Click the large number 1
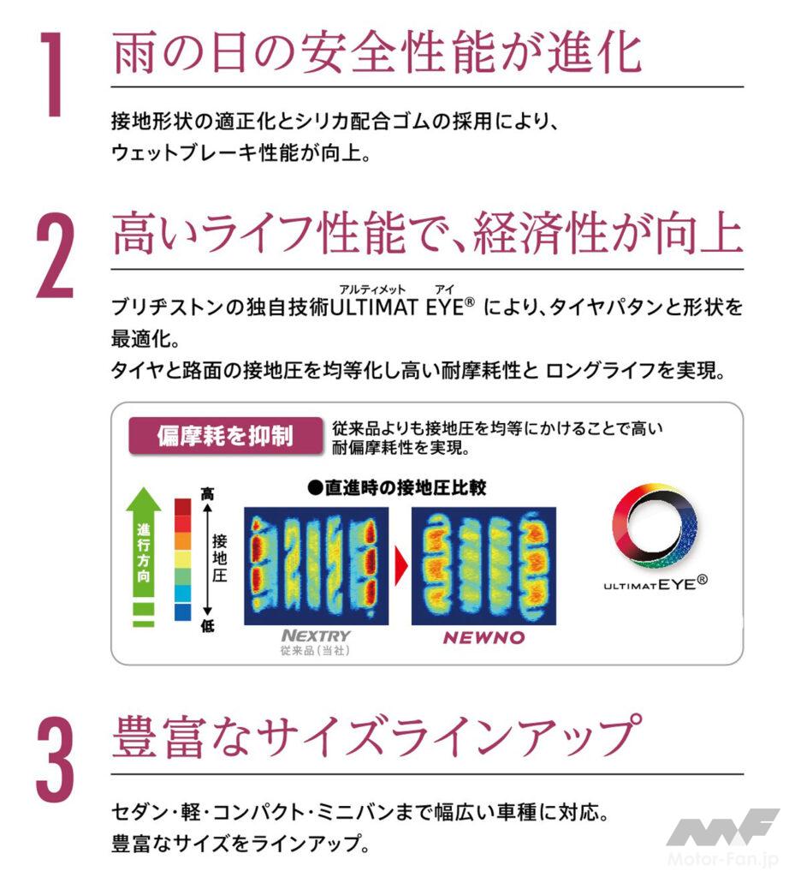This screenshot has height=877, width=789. (53, 74)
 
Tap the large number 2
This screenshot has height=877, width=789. (56, 255)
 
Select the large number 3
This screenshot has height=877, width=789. (56, 761)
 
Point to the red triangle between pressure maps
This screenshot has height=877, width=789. (400, 565)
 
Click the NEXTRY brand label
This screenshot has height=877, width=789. (316, 636)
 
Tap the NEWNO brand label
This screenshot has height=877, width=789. (483, 637)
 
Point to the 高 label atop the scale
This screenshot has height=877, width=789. (207, 494)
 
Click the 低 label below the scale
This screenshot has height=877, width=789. (207, 626)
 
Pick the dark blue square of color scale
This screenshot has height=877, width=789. (183, 612)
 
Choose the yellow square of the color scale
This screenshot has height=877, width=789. (183, 558)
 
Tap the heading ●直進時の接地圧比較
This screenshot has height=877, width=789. (397, 487)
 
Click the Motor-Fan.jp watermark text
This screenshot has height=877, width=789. (723, 859)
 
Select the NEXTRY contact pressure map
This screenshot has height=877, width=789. (317, 566)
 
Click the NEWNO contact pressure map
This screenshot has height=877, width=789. (483, 566)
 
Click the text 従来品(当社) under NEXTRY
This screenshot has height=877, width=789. (315, 651)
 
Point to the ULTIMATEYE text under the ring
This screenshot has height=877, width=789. (655, 584)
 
